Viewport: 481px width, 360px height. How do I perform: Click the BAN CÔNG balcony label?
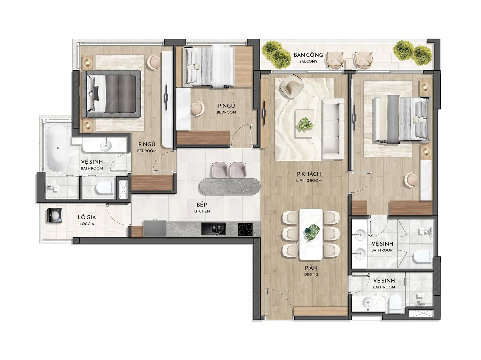pos(308,57)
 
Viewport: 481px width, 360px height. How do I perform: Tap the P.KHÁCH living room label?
pos(309,177)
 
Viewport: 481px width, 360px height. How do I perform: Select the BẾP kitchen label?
pos(202,208)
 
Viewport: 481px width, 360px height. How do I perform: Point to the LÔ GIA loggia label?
pos(87,220)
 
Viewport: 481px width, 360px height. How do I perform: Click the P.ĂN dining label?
pos(311,271)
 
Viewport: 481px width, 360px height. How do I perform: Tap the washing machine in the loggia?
pos(55,216)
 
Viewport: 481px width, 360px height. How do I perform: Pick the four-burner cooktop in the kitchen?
pos(245,229)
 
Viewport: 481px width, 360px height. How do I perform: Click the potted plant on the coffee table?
pos(305,124)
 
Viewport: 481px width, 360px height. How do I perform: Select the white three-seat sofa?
pos(333,129)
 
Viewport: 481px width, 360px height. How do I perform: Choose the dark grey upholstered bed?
pos(111,94)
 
